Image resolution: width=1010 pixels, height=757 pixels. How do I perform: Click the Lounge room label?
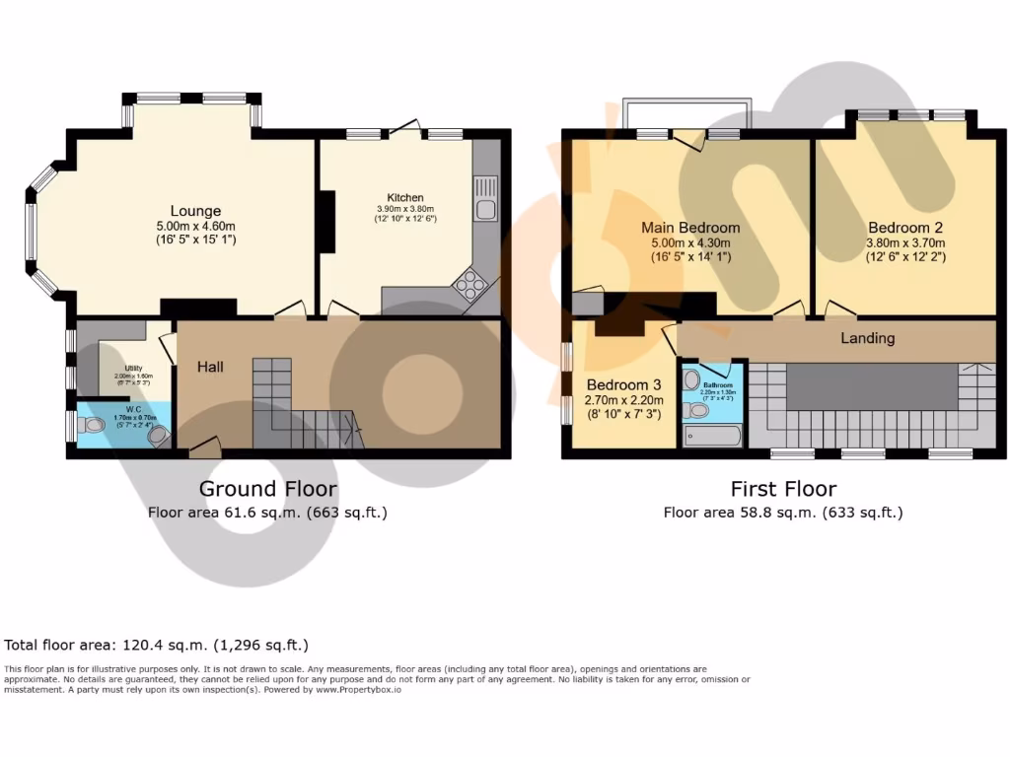coord(195,210)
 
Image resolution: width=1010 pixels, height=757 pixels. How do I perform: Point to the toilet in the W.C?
coord(94,426)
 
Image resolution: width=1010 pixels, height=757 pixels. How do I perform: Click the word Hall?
coord(210,367)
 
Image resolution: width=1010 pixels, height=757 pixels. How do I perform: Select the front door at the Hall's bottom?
coord(204,448)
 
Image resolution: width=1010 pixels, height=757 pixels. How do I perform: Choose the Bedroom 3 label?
coord(623,384)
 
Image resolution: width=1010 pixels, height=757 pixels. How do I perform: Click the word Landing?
coord(867,338)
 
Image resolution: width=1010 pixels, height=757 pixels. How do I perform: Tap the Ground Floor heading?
coord(267,489)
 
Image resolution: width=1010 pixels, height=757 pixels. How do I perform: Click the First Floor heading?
coord(783,489)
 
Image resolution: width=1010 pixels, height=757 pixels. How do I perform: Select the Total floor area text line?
coord(157,646)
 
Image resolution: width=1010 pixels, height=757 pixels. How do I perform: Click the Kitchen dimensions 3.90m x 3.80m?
coord(404,209)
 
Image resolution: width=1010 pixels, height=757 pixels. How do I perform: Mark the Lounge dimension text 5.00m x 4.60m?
coord(195,226)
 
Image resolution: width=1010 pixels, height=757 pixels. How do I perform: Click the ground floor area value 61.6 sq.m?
coord(268,513)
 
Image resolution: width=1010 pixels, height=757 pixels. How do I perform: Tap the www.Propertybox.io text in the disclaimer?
coord(358,689)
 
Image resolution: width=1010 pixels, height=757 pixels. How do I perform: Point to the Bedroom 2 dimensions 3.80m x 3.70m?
coord(905,242)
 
